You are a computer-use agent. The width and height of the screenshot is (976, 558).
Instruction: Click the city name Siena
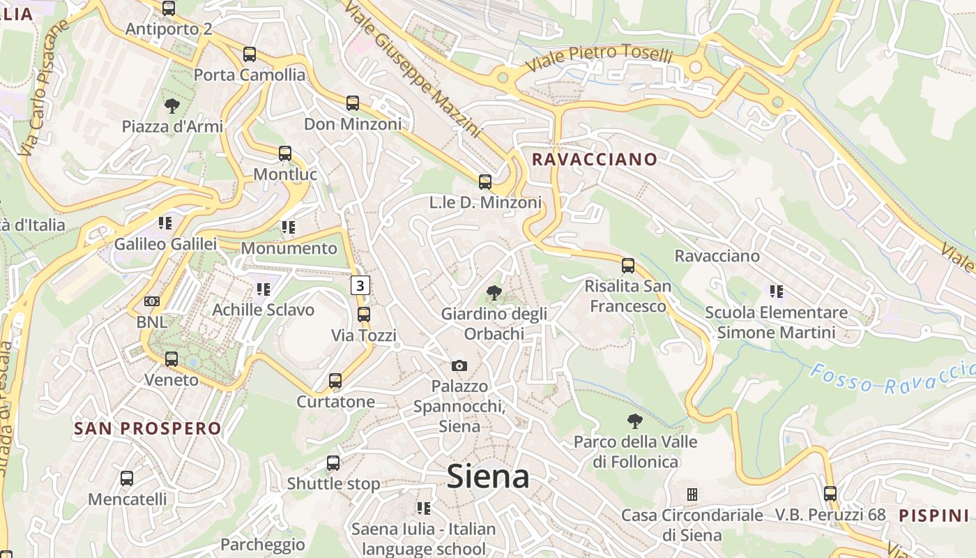487,476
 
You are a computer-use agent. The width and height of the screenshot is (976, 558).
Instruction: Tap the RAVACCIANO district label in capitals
595,159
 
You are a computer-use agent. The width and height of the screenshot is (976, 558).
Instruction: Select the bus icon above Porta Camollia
249,54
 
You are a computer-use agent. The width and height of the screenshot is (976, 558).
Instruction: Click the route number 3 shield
360,285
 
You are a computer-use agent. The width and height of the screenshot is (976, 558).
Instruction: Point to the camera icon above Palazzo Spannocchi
459,365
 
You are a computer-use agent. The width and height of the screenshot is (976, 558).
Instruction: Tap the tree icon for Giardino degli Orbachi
494,293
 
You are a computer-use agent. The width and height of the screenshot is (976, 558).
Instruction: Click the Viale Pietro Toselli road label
600,57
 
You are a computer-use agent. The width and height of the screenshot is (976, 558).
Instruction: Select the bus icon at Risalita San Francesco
628,266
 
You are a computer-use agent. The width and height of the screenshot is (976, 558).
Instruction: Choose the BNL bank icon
151,301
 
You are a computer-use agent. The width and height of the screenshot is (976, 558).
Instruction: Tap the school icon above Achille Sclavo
263,289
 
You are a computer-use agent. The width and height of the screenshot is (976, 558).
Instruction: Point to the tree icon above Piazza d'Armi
171,106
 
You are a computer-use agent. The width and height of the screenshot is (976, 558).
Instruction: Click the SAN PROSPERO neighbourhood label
147,428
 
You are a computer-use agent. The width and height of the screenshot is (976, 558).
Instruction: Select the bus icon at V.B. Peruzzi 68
830,494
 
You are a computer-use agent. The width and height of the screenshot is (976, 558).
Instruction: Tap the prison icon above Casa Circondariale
692,495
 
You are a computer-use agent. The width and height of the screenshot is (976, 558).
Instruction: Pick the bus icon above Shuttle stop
333,463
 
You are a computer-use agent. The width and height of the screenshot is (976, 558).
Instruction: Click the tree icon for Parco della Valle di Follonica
634,421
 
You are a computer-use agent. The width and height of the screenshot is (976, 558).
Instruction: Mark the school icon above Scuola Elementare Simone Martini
776,291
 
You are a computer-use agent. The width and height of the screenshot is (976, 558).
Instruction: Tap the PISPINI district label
933,515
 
